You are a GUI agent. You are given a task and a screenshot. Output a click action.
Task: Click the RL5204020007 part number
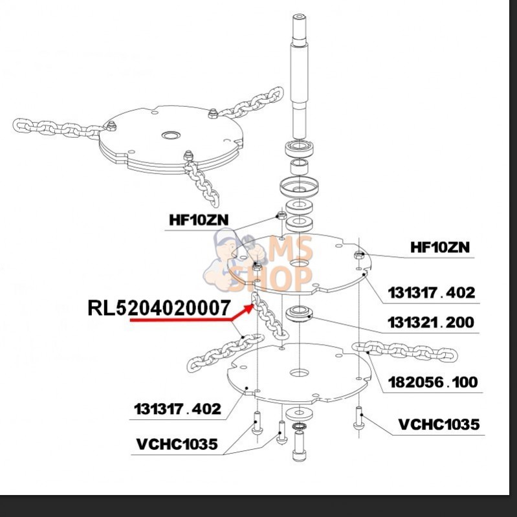tap(159, 307)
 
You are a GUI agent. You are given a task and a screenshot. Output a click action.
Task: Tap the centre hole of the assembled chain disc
tap(171, 136)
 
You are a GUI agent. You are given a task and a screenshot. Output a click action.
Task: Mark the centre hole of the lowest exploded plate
tap(299, 373)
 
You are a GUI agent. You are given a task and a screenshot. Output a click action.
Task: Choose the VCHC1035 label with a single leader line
tap(439, 424)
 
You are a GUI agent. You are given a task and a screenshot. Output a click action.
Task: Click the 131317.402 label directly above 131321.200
tap(432, 292)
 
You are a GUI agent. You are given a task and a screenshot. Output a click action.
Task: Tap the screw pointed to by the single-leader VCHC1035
tap(358, 419)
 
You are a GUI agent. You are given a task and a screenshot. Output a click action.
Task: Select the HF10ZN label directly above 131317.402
tap(440, 247)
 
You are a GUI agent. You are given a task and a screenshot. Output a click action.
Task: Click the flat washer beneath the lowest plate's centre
tap(299, 412)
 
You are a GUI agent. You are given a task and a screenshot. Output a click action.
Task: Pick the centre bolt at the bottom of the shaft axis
tap(299, 446)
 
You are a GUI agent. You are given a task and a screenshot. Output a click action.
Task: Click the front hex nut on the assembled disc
tap(188, 155)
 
